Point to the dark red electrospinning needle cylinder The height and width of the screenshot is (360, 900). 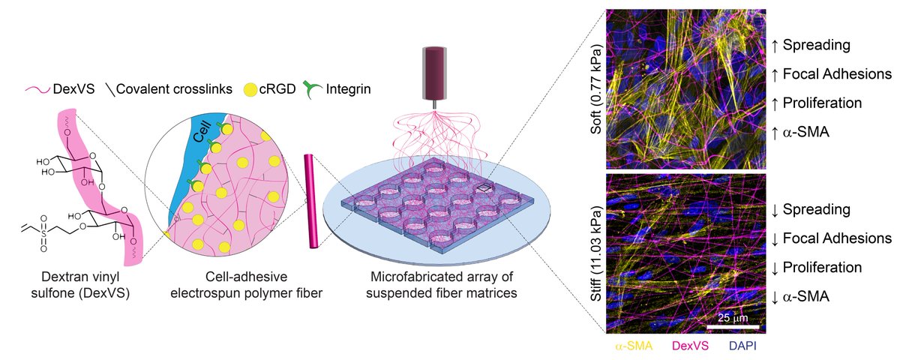(x=434, y=70)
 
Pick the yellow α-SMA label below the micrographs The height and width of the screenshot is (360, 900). (x=634, y=346)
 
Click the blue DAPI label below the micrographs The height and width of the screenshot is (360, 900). (x=739, y=346)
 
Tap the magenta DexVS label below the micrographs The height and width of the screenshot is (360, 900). (x=688, y=346)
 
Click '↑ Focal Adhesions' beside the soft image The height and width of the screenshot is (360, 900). (x=831, y=73)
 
